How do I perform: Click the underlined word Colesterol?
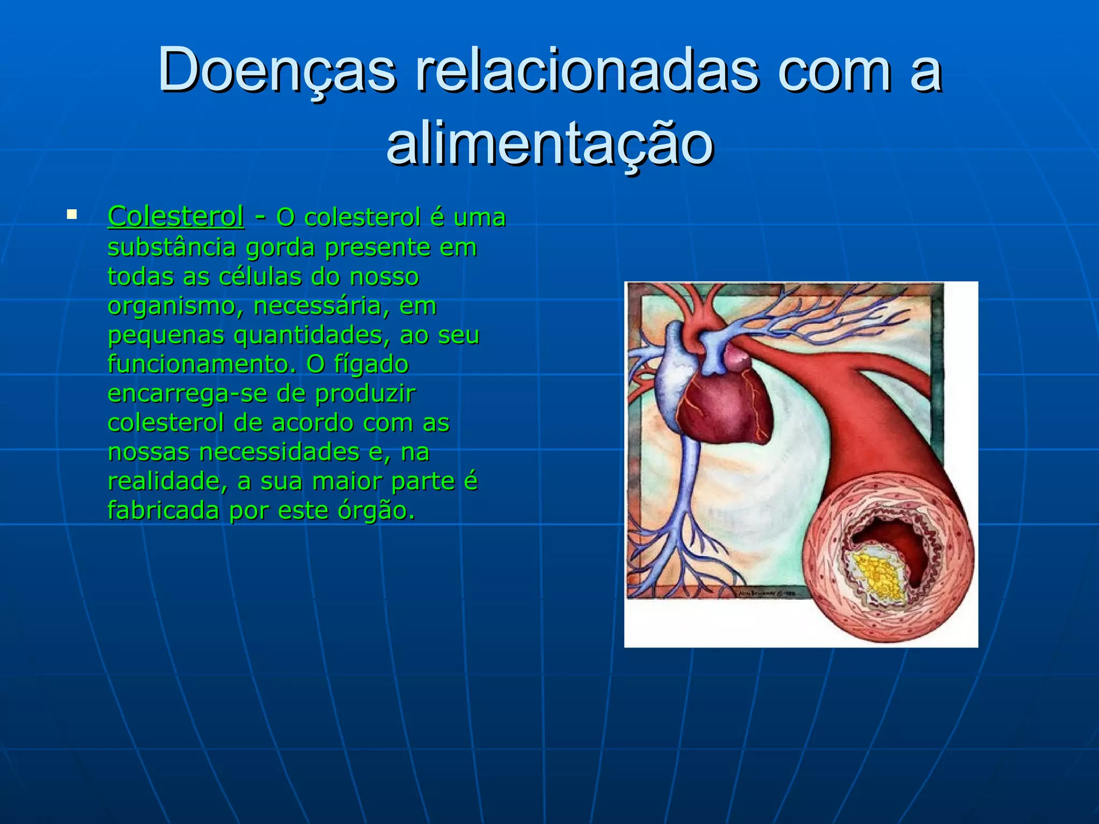pyautogui.click(x=176, y=217)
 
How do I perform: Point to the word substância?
pyautogui.click(x=172, y=247)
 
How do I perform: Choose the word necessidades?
pyautogui.click(x=279, y=452)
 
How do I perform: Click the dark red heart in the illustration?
pyautogui.click(x=724, y=408)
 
